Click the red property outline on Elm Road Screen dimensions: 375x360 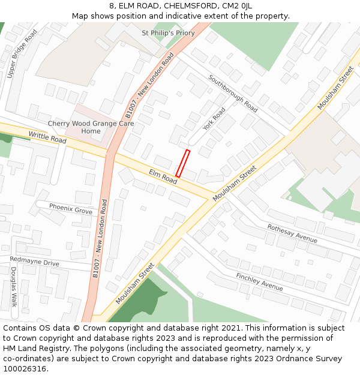pyautogui.click(x=183, y=163)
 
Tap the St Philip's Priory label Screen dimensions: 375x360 pyautogui.click(x=168, y=33)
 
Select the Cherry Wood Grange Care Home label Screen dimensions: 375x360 pyautogui.click(x=91, y=127)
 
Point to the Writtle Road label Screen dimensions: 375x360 pyautogui.click(x=47, y=138)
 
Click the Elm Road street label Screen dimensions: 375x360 pyautogui.click(x=163, y=176)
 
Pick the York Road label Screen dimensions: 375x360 pyautogui.click(x=214, y=119)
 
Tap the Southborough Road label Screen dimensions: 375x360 pyautogui.click(x=233, y=94)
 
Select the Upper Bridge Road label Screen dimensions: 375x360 pyautogui.click(x=22, y=54)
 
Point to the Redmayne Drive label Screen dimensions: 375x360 pyautogui.click(x=34, y=262)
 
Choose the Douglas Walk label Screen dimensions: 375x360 pyautogui.click(x=13, y=287)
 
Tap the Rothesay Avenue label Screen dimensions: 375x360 pyautogui.click(x=292, y=233)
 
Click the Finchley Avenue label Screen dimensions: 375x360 pyautogui.click(x=259, y=281)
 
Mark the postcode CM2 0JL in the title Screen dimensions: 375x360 pyautogui.click(x=237, y=5)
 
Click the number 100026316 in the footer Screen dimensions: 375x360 pyautogui.click(x=26, y=369)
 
